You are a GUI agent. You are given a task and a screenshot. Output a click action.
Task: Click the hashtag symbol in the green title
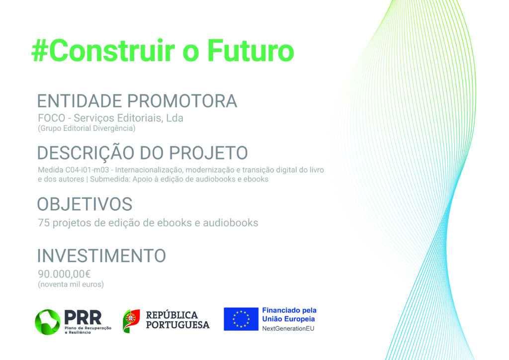[x=40, y=51]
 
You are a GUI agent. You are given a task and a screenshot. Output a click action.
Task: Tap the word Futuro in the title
[x=251, y=51]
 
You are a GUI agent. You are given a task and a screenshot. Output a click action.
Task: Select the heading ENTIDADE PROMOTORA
[x=137, y=101]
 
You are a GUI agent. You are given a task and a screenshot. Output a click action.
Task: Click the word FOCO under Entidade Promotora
[x=51, y=118]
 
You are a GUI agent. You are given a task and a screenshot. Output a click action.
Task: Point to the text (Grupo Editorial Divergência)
[x=86, y=128]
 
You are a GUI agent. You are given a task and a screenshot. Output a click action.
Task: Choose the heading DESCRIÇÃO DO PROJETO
[x=143, y=153]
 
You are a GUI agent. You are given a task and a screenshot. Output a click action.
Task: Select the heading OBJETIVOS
[x=85, y=204]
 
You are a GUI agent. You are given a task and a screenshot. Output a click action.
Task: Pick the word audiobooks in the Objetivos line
[x=231, y=223]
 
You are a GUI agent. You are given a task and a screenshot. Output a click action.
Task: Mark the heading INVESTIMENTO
[x=101, y=256]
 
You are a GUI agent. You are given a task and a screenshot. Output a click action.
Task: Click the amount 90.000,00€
[x=64, y=274]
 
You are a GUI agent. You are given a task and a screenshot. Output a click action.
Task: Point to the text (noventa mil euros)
[x=71, y=284]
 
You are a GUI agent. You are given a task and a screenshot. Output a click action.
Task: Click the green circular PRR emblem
[x=48, y=322]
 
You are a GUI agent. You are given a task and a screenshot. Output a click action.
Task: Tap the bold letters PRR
[x=83, y=317]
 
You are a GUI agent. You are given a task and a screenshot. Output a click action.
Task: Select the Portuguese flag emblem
[x=131, y=321]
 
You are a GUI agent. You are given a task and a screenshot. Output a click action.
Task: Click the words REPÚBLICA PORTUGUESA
[x=177, y=320]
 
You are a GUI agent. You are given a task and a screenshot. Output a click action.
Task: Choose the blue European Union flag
[x=241, y=319]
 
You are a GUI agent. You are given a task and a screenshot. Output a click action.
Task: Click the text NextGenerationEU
[x=288, y=329]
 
